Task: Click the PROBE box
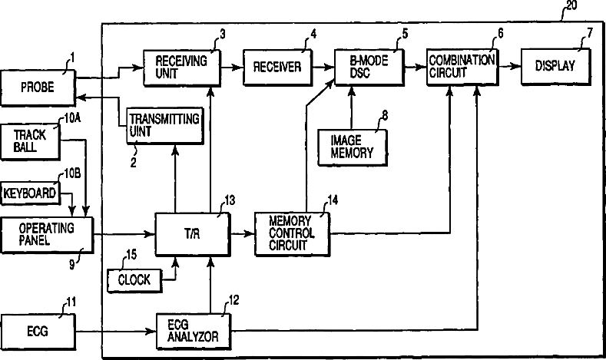(38, 91)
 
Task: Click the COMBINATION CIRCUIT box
(462, 66)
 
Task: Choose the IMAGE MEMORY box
(351, 146)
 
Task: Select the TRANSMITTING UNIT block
(165, 124)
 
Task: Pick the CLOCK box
(134, 279)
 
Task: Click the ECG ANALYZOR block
(192, 330)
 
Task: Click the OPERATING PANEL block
(45, 234)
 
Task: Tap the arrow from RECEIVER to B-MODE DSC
(321, 67)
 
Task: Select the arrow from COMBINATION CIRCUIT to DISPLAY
(508, 67)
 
